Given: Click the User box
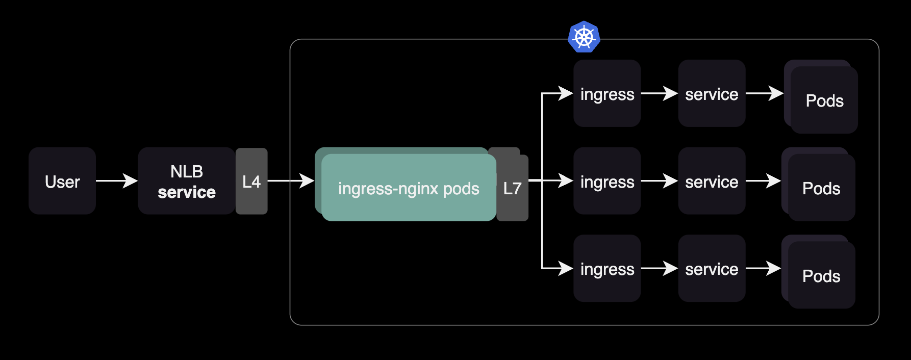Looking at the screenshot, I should (62, 181).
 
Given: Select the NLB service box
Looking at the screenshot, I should (186, 181).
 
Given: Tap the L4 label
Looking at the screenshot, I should (251, 182).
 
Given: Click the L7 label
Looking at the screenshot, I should (512, 188).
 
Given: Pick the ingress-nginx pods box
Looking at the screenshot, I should (408, 188).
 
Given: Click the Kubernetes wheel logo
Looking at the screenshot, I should (584, 37).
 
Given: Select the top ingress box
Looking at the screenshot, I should (607, 94).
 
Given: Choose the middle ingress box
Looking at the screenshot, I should (607, 181).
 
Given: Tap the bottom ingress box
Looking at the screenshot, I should (607, 268).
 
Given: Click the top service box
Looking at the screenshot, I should (712, 94).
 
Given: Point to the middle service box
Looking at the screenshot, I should (712, 181).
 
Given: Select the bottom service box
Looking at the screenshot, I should (712, 268).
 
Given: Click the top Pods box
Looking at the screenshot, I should (824, 100).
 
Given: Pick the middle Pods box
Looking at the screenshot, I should (821, 188).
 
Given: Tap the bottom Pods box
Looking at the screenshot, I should (821, 275).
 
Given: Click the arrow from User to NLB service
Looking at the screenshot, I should (117, 181).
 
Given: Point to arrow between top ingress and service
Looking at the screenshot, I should (659, 93).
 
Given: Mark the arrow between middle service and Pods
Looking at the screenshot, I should (763, 181).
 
